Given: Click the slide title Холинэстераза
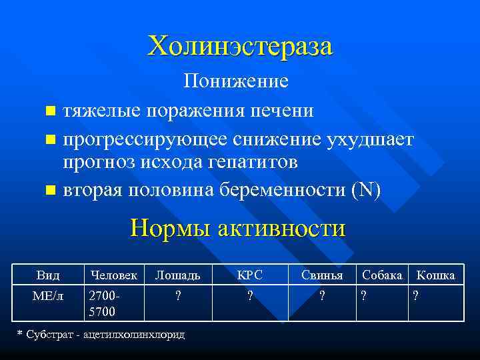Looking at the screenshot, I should [240, 47].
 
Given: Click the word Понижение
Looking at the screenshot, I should [237, 81].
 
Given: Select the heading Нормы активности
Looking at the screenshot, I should [238, 228].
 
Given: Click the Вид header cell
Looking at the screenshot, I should [49, 275].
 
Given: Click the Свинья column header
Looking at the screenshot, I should [322, 275].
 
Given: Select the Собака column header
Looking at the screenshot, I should [381, 275].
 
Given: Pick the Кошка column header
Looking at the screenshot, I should [435, 275].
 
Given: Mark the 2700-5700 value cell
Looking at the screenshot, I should [102, 303].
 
